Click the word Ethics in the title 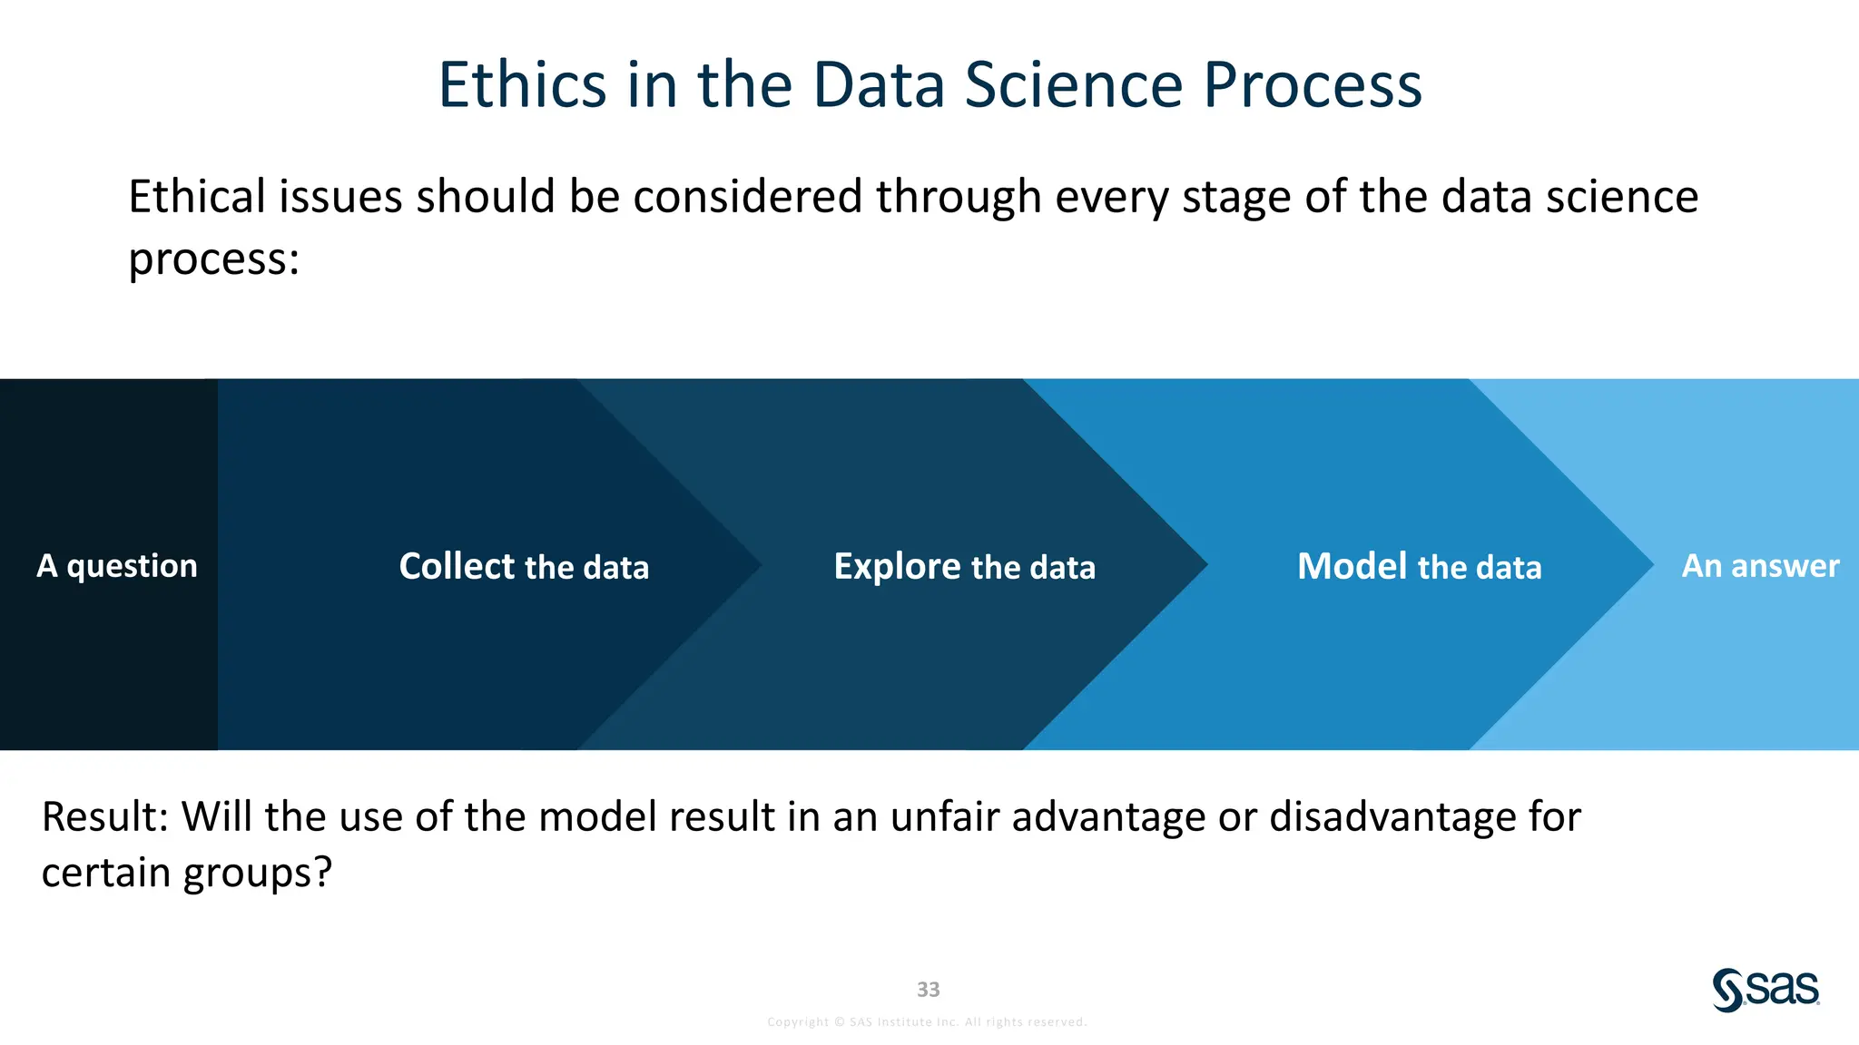pyautogui.click(x=522, y=85)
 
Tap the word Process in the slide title pyautogui.click(x=1312, y=85)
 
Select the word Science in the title pyautogui.click(x=1074, y=85)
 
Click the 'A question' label pyautogui.click(x=116, y=566)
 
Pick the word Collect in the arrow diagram pyautogui.click(x=457, y=566)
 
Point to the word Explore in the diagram pyautogui.click(x=897, y=566)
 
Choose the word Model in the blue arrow pyautogui.click(x=1352, y=566)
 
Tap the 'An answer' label pyautogui.click(x=1760, y=566)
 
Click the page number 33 pyautogui.click(x=928, y=990)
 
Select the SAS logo pyautogui.click(x=1766, y=990)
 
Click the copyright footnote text pyautogui.click(x=927, y=1022)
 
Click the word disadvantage pyautogui.click(x=1392, y=816)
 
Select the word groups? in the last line pyautogui.click(x=258, y=874)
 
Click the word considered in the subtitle pyautogui.click(x=747, y=197)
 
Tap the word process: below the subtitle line pyautogui.click(x=213, y=260)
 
